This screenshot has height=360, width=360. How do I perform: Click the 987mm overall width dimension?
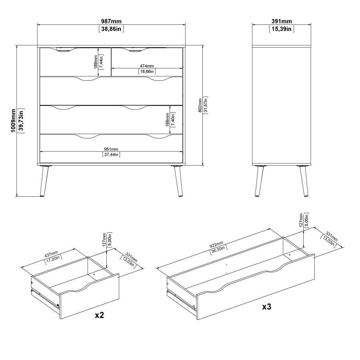point(111,21)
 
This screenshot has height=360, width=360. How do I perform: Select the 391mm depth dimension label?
point(282,21)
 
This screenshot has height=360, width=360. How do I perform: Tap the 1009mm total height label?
point(13,120)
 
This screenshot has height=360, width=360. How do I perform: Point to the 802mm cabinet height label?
point(200,105)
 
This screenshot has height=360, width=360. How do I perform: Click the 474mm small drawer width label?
point(147,66)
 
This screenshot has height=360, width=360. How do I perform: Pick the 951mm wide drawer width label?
point(111,149)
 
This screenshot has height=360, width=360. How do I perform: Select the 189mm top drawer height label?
point(96,62)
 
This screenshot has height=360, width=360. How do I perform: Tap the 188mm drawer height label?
point(167,119)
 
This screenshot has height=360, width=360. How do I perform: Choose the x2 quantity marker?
point(100,315)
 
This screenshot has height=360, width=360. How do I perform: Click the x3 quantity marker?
point(266,307)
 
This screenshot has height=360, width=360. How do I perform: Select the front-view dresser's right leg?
point(178,181)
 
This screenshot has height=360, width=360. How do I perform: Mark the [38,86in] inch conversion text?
point(111,29)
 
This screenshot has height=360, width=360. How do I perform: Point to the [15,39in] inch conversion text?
point(282,29)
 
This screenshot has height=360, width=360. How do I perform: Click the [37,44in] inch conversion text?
point(111,154)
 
